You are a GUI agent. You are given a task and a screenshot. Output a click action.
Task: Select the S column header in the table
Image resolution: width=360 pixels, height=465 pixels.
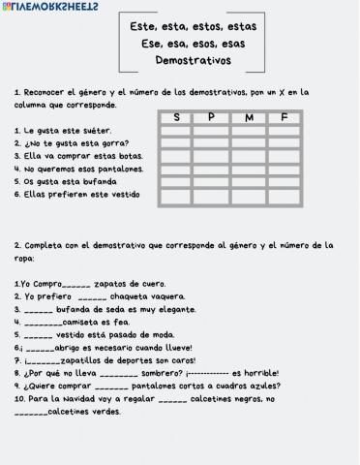coord(175,117)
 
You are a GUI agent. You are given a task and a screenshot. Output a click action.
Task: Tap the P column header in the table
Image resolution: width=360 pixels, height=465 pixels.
coord(211,117)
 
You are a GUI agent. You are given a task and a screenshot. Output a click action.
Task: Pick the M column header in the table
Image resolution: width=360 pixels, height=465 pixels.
coord(248,117)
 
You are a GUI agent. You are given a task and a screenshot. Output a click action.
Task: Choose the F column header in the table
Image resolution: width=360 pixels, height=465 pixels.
coord(284,117)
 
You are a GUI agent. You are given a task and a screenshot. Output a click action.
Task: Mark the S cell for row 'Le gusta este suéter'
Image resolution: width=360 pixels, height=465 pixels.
coord(175,130)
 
